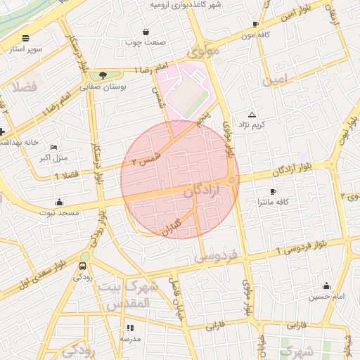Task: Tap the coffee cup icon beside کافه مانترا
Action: point(273,191)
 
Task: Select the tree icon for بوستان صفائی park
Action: point(103,75)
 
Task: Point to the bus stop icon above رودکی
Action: point(83,266)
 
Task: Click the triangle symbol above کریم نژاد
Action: point(252,114)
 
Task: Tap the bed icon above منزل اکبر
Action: point(54,147)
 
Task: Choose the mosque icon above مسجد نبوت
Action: point(60,201)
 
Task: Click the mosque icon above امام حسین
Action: point(326,285)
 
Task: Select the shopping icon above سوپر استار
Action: point(26,38)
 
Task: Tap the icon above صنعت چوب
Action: point(146,32)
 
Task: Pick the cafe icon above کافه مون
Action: point(255,25)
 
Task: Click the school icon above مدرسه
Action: point(129,328)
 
